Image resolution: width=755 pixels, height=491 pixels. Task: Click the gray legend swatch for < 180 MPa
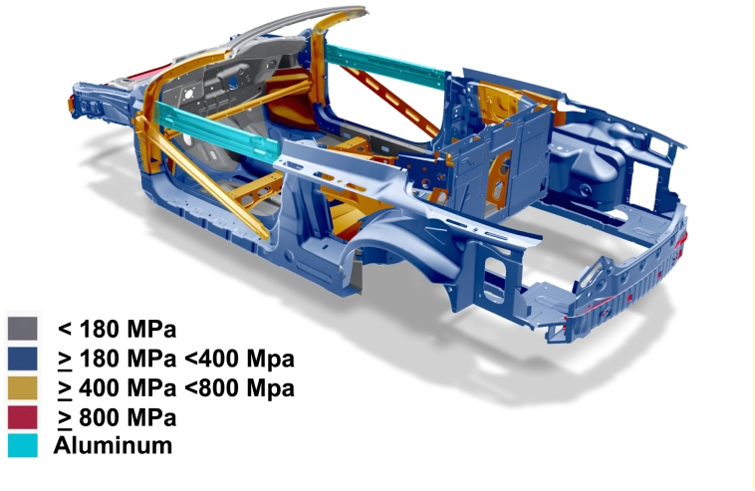23,329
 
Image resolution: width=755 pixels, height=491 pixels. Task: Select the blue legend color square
23,359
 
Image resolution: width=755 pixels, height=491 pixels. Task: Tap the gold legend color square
23,388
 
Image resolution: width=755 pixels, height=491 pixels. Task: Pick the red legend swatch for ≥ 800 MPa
23,417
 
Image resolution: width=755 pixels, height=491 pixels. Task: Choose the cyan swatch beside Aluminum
23,446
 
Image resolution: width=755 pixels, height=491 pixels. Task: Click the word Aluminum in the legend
113,445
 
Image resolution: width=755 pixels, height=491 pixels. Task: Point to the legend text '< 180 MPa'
117,330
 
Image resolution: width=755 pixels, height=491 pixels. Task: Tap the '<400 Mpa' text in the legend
239,359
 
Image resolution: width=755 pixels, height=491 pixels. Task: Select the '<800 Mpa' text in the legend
239,388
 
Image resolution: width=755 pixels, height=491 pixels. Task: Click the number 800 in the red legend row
100,417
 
